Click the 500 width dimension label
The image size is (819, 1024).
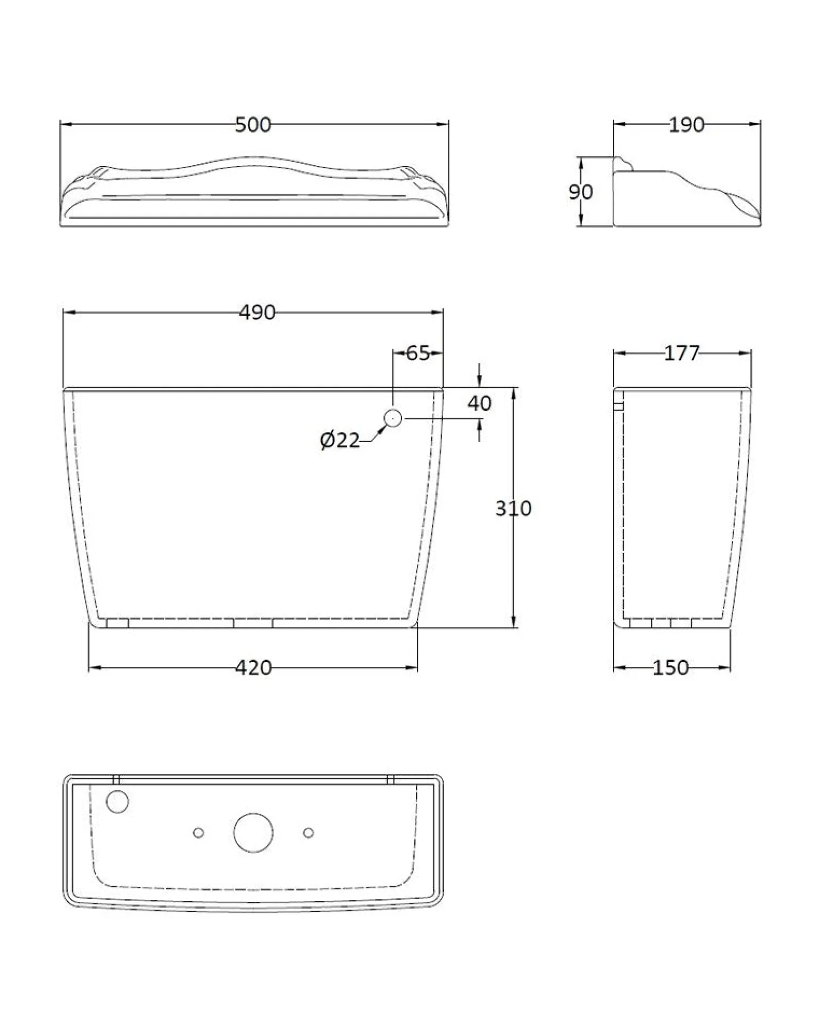pos(253,125)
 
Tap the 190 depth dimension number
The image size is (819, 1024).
pos(686,125)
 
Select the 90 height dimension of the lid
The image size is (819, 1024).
pos(580,192)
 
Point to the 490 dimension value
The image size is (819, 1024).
pos(257,312)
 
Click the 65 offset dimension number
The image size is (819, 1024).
pos(418,353)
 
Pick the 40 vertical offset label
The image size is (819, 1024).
pos(479,403)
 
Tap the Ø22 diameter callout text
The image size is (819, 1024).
pos(340,440)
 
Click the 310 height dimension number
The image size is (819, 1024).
pos(513,509)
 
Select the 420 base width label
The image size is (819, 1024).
pos(254,668)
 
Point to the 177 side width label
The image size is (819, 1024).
pos(682,353)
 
